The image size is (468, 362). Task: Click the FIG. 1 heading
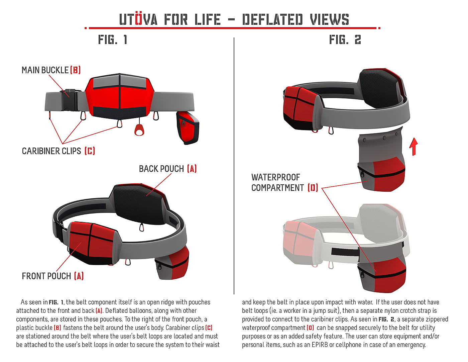coord(112,40)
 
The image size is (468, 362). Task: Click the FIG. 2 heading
coord(345,40)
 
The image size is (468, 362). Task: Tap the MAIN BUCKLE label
coord(45,70)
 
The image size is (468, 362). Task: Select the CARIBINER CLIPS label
coord(51,151)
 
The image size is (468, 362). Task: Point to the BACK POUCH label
coord(161,169)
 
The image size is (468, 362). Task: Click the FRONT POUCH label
coord(46,276)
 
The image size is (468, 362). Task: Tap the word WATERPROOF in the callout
coord(276,177)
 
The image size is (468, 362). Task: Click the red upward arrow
coord(414,147)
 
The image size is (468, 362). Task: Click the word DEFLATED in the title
coord(272,20)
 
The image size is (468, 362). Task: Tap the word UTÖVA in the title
coord(138,20)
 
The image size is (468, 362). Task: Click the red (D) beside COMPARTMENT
coord(313,188)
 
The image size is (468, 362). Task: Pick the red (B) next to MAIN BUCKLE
coord(76,70)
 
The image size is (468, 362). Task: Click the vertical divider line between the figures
coord(234,167)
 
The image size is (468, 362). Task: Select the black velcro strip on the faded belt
coord(344,252)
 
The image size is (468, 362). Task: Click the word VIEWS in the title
coord(329,20)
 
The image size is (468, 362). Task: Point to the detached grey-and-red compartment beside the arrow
coord(381,164)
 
